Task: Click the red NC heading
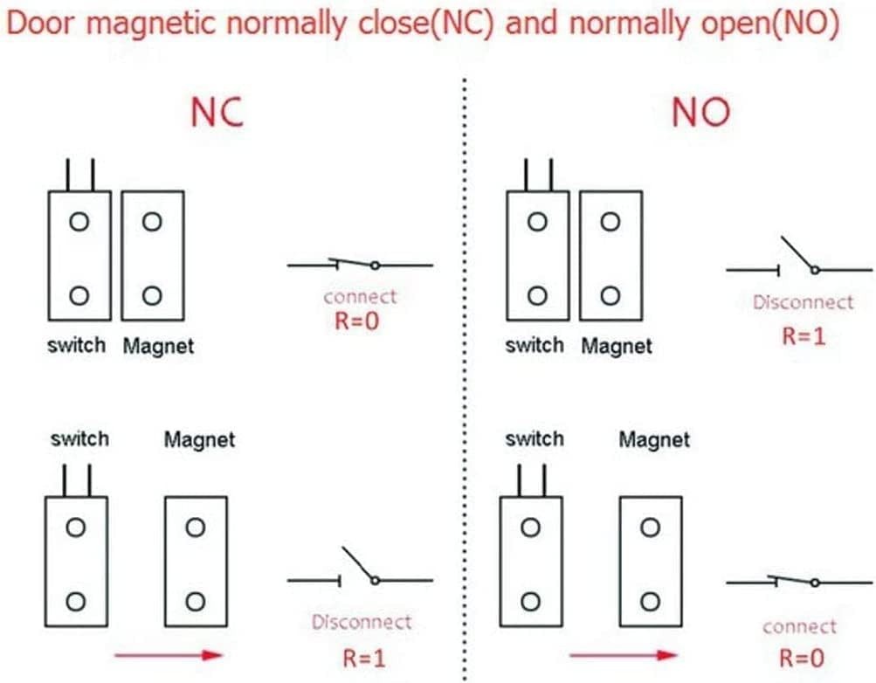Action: [x=217, y=114]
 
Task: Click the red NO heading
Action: [x=700, y=114]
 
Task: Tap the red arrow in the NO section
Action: [x=623, y=655]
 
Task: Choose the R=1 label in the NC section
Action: [x=361, y=657]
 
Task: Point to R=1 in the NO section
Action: [x=803, y=336]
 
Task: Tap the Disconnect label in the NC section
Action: [x=361, y=623]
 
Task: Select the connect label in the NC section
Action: [x=360, y=297]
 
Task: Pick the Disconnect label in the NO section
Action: [x=803, y=303]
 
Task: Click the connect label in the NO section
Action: [x=799, y=626]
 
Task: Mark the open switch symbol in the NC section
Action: [x=360, y=572]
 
